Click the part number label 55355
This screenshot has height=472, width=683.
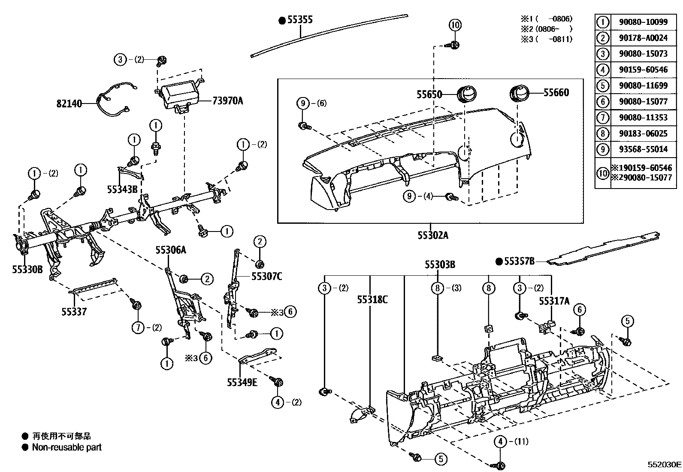coord(300,20)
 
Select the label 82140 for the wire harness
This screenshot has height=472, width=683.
coord(69,104)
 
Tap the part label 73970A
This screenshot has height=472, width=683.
coord(227,101)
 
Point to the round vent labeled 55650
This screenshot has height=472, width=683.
coord(467,93)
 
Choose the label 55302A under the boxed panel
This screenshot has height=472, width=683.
coord(433,235)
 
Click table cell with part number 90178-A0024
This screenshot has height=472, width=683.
coord(643,38)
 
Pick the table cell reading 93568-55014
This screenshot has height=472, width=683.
coord(643,149)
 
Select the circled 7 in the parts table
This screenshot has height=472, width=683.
coord(603,117)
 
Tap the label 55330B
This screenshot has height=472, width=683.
coord(27,270)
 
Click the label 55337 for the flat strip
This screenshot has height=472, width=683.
coord(73,312)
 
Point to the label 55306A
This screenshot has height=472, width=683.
coord(171,250)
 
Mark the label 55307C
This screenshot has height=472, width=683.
coord(266,277)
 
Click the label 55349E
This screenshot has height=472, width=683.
coord(242,382)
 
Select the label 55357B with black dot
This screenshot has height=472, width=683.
coord(519,261)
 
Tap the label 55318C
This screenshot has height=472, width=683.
coord(372,299)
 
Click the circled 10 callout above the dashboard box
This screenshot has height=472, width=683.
coord(455,25)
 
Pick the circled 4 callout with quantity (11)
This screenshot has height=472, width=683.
coord(500,441)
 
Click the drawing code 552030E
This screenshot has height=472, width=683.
coord(664,465)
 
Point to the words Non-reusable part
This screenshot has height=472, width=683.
coord(66,447)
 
